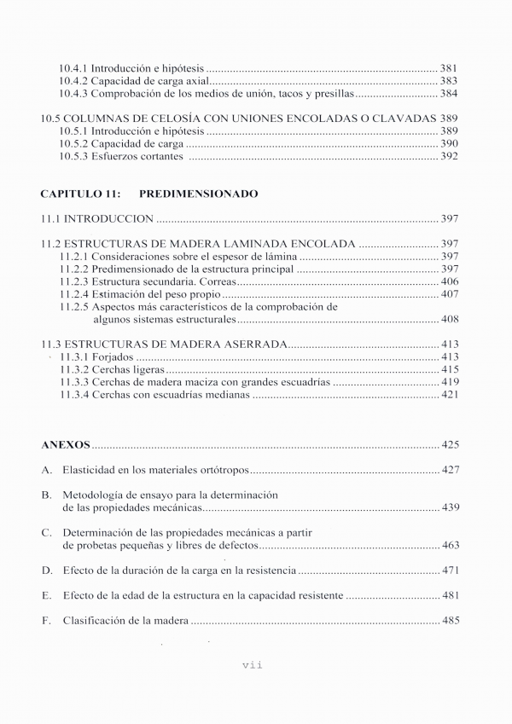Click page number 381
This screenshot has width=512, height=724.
click(x=450, y=67)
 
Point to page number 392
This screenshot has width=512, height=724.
click(x=450, y=157)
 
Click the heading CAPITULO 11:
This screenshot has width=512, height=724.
click(x=79, y=194)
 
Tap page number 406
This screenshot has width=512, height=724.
click(x=450, y=281)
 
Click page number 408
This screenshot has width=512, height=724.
click(x=450, y=320)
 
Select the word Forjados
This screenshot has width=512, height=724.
click(x=114, y=356)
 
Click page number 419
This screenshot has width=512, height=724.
click(x=450, y=383)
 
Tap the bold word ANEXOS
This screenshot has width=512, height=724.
click(x=65, y=445)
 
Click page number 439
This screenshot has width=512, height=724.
click(x=450, y=507)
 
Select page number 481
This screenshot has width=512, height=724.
click(x=450, y=595)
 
